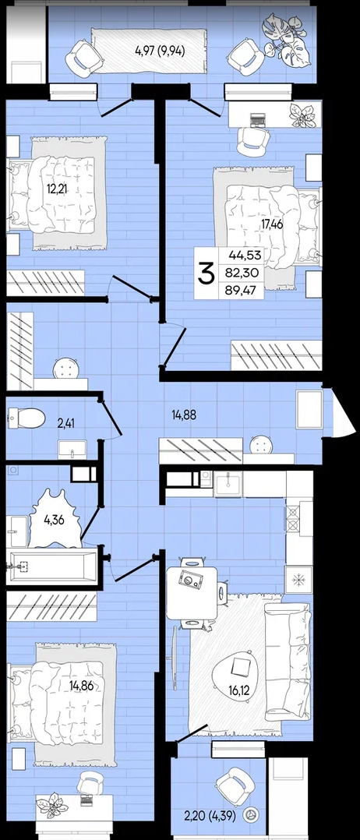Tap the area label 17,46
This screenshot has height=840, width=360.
pos(272,224)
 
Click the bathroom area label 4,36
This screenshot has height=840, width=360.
pos(54,519)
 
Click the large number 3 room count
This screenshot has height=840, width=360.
pos(206,274)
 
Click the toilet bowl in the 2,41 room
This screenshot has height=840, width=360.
pos(26,418)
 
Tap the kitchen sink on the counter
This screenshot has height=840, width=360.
pos(228,485)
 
